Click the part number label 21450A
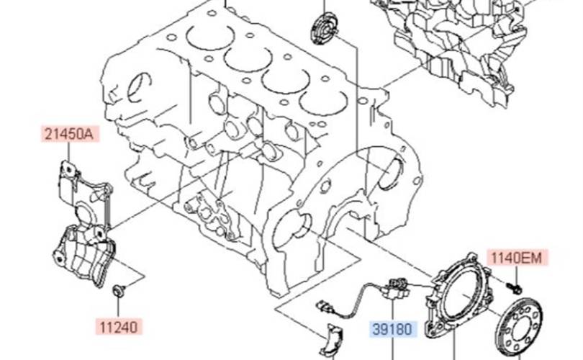click(x=69, y=134)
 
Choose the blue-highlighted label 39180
click(x=394, y=330)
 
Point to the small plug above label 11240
click(x=118, y=290)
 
